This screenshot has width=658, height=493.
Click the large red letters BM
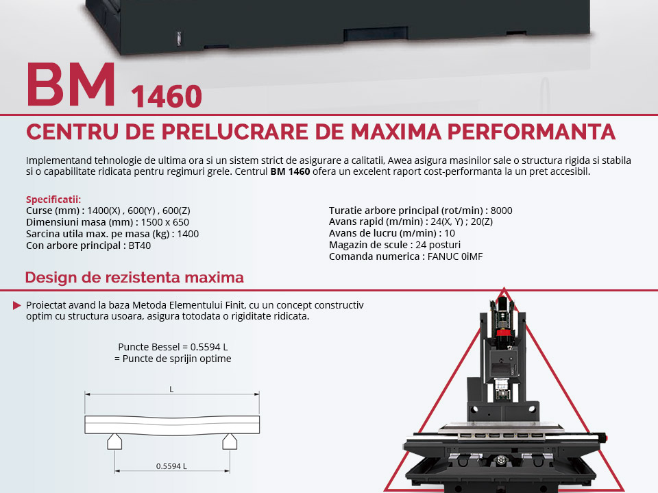coord(71,84)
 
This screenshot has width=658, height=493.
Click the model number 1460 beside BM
coord(167,96)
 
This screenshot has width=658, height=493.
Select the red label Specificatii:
coord(53,200)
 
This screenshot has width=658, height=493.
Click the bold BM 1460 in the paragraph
coord(290,171)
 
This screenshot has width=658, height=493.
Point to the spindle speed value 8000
coord(502,211)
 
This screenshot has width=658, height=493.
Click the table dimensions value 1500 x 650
coord(165,222)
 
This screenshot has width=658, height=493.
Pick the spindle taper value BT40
coord(139,245)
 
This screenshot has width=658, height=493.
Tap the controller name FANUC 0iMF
coord(455,256)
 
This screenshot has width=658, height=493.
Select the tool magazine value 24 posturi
coord(438,245)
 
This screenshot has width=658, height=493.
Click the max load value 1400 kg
coord(188,234)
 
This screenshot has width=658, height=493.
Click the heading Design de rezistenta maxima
coord(134,278)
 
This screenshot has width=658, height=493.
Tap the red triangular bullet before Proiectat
coord(16,305)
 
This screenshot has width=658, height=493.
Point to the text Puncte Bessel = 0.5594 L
coord(173,347)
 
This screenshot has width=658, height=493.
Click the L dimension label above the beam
coord(171,389)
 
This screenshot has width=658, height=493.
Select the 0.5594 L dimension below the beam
coord(171,466)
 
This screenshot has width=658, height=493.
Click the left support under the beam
coord(114,442)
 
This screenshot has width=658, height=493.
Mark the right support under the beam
coord(230,442)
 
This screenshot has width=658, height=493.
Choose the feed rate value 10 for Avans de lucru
coord(450,233)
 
